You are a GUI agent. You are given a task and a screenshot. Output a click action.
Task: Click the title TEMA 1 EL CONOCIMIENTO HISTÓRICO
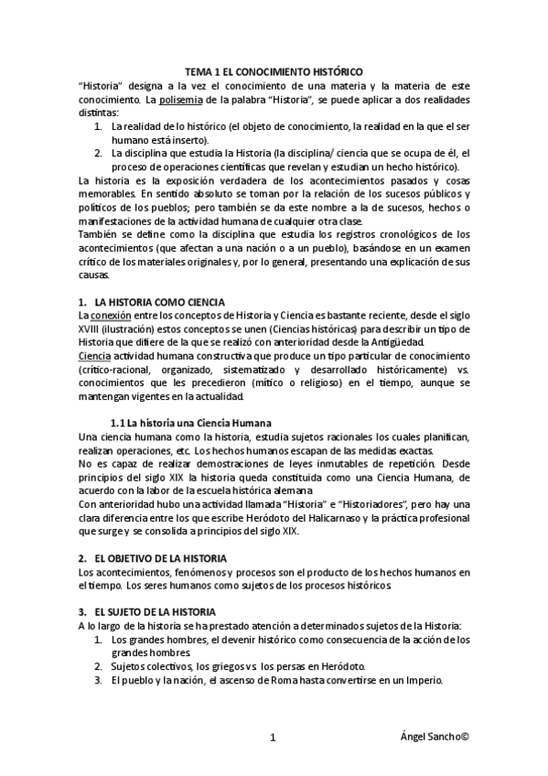[274, 70]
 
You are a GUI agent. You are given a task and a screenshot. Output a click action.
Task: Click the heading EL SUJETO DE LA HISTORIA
[154, 611]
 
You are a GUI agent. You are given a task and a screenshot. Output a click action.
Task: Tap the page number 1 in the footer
[274, 738]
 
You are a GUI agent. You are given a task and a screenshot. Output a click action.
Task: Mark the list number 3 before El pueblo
[98, 681]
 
